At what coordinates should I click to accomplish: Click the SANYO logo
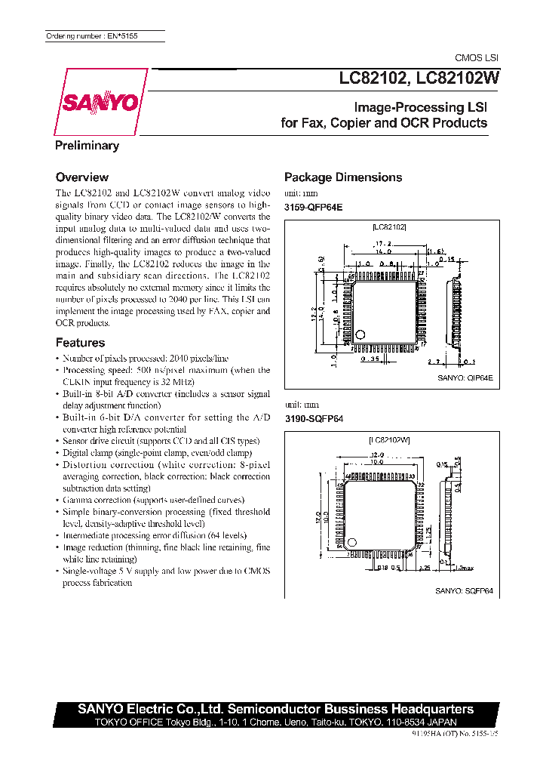[x=98, y=102]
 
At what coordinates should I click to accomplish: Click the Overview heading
[x=82, y=177]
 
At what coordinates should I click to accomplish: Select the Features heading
[x=80, y=343]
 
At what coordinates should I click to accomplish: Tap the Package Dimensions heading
[x=343, y=177]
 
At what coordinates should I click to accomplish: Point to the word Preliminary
[x=87, y=146]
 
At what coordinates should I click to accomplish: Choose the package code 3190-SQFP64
[x=313, y=418]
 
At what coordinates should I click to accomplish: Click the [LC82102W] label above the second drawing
[x=388, y=439]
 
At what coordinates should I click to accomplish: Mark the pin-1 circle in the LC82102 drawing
[x=360, y=334]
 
